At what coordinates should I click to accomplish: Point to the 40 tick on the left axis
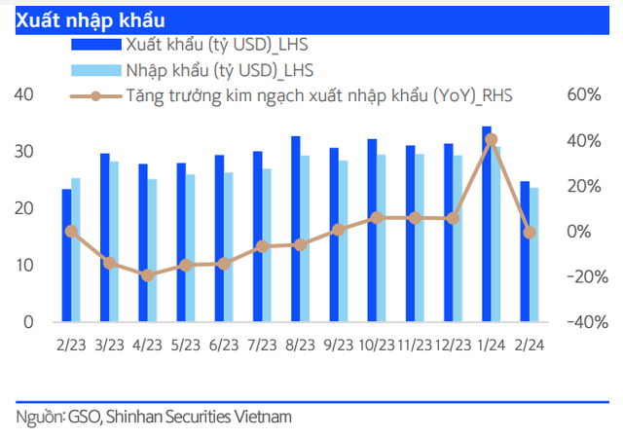coord(24,94)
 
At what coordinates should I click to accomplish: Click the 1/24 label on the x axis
coord(491,345)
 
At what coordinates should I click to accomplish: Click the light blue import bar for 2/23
coord(76,250)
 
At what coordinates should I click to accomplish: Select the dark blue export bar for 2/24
coord(525,251)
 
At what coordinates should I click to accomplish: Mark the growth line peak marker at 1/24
coord(491,139)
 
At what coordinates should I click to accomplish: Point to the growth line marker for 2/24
coord(530,233)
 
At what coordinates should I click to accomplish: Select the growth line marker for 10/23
coord(377,218)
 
